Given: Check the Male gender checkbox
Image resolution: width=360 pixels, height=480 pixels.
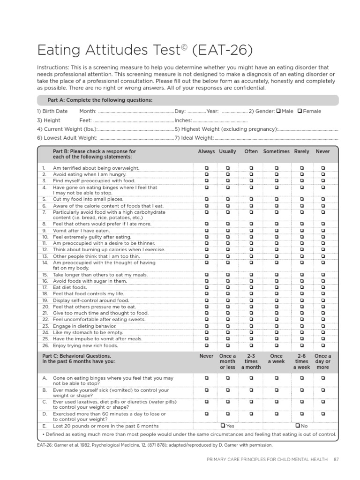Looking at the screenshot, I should click(278, 111).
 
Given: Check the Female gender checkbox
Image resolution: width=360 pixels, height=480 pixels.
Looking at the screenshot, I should click(300, 111).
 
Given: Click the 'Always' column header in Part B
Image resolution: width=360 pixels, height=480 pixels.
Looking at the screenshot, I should click(206, 152).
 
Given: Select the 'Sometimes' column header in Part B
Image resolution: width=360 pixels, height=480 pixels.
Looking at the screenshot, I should click(276, 152).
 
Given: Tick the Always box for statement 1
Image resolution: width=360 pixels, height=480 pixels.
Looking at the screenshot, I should click(206, 168).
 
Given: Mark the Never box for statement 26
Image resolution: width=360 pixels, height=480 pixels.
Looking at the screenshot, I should click(322, 345).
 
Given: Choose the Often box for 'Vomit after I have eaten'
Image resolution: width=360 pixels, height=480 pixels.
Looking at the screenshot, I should click(251, 231).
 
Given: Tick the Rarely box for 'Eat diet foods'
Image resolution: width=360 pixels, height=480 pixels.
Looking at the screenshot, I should click(301, 287).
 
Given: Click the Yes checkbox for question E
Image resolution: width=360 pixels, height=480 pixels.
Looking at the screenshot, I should click(223, 426).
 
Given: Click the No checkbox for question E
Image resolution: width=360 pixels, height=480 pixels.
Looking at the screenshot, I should click(298, 426).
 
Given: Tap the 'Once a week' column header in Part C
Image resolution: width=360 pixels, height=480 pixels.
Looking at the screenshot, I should click(276, 359).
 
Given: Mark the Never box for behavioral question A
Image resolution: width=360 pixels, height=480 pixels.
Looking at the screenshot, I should click(206, 377).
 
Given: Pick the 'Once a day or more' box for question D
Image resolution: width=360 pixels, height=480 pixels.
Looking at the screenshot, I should click(322, 413).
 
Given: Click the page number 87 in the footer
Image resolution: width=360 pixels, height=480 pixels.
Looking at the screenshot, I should click(336, 459).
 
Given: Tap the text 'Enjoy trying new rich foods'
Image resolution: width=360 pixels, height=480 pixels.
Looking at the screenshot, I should click(85, 345).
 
